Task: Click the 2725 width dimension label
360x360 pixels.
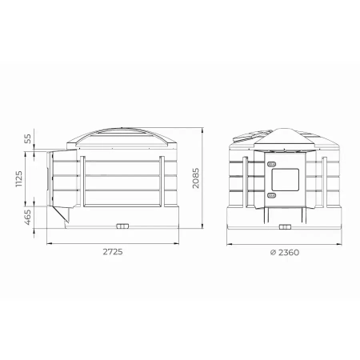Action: (113, 252)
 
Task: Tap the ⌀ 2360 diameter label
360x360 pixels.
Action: (285, 252)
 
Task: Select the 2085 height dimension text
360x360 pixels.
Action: (196, 178)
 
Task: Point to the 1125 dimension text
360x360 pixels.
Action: (19, 179)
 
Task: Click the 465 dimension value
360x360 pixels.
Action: (28, 217)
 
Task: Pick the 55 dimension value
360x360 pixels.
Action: (28, 139)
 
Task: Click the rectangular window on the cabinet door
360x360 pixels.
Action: (285, 179)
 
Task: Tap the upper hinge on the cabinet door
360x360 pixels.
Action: (271, 164)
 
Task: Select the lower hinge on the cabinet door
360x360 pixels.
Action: (271, 195)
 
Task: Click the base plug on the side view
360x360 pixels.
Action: (122, 226)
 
